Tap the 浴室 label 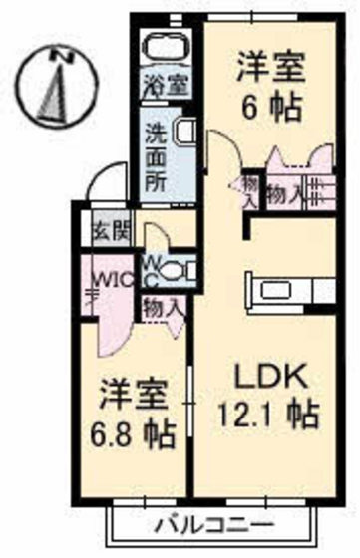point(167,85)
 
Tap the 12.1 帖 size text point(267,412)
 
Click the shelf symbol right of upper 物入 point(318,189)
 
